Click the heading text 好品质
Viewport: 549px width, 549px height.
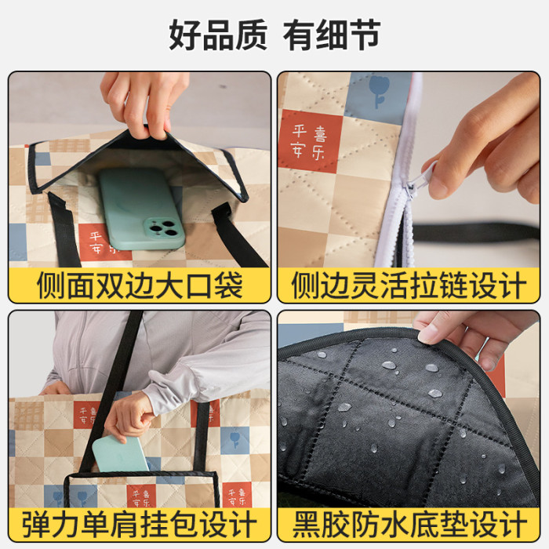coord(218,35)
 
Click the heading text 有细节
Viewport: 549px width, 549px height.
coord(331,35)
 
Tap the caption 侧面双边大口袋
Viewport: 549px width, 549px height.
coord(140,285)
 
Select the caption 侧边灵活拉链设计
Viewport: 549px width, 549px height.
coord(409,285)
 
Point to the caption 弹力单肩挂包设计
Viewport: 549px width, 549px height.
coord(140,524)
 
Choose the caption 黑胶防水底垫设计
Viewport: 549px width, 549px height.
coord(409,524)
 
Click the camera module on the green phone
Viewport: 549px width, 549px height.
coord(164,229)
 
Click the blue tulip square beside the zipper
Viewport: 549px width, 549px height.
coord(379,94)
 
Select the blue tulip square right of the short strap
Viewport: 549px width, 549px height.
coord(235,440)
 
